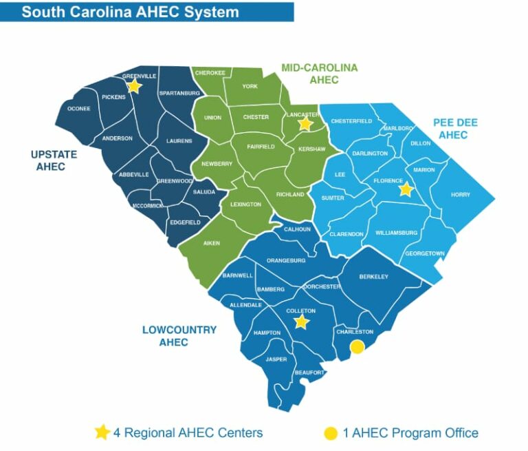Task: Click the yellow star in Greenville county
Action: click(x=134, y=86)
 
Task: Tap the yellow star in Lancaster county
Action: click(x=305, y=124)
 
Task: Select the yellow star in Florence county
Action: click(x=406, y=189)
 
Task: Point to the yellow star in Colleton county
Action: click(x=301, y=322)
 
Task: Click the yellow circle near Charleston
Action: click(x=357, y=348)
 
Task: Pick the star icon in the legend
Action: click(x=102, y=432)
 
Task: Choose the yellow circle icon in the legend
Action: click(x=331, y=433)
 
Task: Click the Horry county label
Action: click(x=460, y=195)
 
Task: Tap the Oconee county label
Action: click(x=79, y=109)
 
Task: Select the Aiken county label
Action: click(x=211, y=243)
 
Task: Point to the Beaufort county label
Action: click(x=309, y=373)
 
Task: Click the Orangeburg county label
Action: click(x=285, y=261)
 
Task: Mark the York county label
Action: click(x=250, y=87)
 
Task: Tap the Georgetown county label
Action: click(x=424, y=253)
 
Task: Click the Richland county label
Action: click(x=290, y=195)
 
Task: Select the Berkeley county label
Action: click(x=374, y=277)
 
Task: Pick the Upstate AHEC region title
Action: click(x=54, y=160)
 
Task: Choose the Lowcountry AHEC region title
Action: click(x=179, y=336)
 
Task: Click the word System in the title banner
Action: click(x=212, y=12)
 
